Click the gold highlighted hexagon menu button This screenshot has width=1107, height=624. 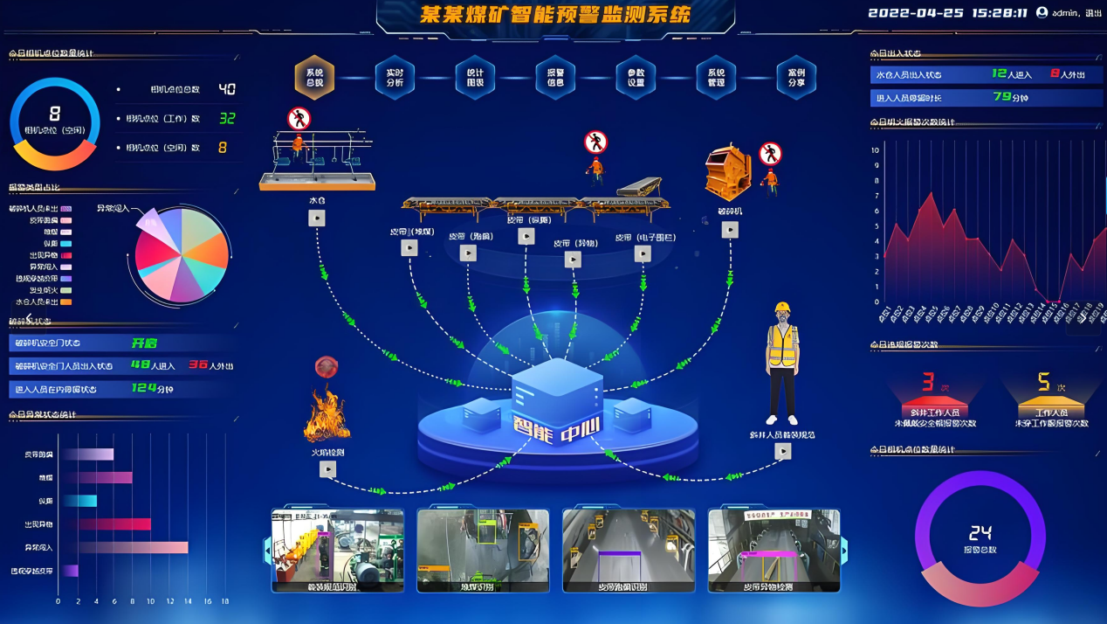click(x=314, y=78)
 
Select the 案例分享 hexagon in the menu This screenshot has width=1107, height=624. click(x=796, y=78)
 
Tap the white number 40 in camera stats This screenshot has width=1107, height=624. click(x=227, y=89)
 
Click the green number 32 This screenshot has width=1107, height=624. click(x=227, y=118)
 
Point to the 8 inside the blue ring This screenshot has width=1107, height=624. click(x=55, y=114)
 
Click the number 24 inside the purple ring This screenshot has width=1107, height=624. click(x=980, y=532)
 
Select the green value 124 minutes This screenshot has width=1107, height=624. click(x=144, y=388)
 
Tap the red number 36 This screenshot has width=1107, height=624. click(x=198, y=364)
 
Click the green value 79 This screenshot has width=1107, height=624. click(x=1002, y=97)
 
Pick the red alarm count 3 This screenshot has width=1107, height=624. click(x=928, y=382)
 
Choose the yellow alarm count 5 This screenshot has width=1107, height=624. click(x=1043, y=382)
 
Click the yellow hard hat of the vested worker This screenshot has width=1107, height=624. click(x=782, y=309)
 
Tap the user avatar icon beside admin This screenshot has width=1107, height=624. click(x=1042, y=12)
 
